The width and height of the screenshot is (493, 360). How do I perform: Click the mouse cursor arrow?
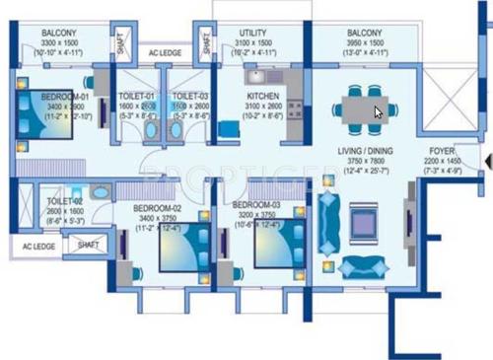tap(378, 111)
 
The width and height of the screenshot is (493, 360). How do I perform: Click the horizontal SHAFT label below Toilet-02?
tap(89, 244)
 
